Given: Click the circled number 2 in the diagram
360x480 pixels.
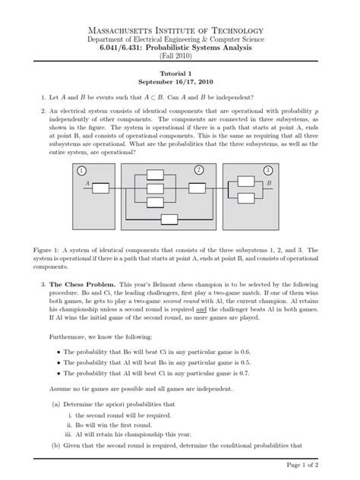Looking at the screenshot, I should (199, 169).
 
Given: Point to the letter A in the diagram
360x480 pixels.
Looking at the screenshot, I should (88, 184).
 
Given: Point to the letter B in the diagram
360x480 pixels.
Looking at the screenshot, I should (268, 184).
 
